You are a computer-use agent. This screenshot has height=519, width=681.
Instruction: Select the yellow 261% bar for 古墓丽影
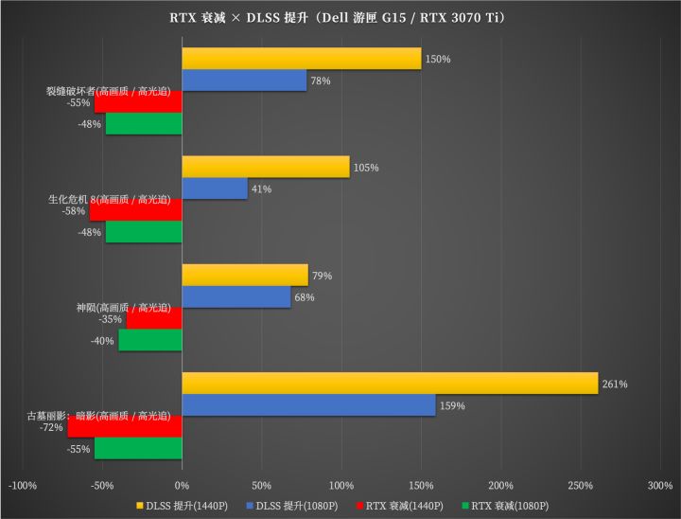390,384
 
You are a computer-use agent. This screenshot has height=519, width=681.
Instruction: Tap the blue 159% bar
308,405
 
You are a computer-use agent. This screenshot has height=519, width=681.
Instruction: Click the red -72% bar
125,427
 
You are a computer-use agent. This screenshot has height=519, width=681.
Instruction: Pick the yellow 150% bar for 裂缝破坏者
301,59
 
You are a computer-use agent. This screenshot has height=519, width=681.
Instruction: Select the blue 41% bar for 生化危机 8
215,188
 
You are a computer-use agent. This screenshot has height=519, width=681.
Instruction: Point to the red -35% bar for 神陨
154,319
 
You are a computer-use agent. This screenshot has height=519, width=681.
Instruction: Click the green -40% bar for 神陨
150,340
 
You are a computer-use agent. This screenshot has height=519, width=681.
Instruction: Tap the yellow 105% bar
265,167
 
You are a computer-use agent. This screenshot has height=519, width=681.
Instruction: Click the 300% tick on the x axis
660,486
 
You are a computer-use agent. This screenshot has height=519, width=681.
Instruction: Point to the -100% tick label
23,486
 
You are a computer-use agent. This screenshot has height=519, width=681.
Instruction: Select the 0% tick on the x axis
183,486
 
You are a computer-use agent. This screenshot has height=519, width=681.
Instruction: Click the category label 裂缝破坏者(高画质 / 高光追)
108,92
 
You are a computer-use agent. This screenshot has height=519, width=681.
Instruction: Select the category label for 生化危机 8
109,200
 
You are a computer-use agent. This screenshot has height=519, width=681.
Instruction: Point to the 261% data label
615,385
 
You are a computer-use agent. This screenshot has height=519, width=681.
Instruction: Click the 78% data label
320,81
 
